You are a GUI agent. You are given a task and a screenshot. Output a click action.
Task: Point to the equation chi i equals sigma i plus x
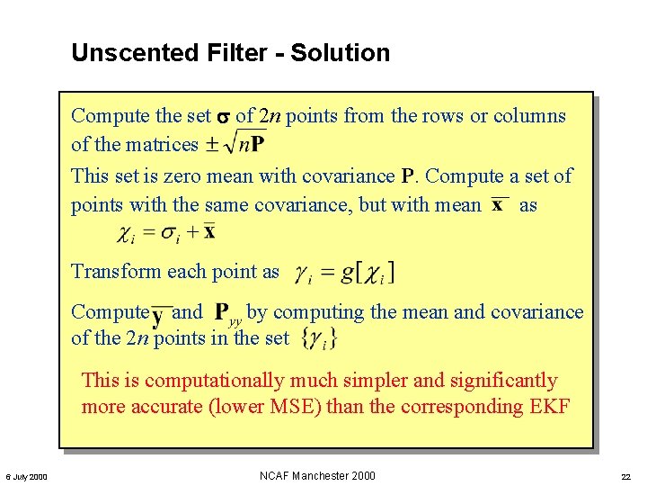coord(167,233)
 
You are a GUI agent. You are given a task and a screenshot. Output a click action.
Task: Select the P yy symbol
coord(229,313)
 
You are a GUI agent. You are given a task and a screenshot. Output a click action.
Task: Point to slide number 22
coord(625,476)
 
